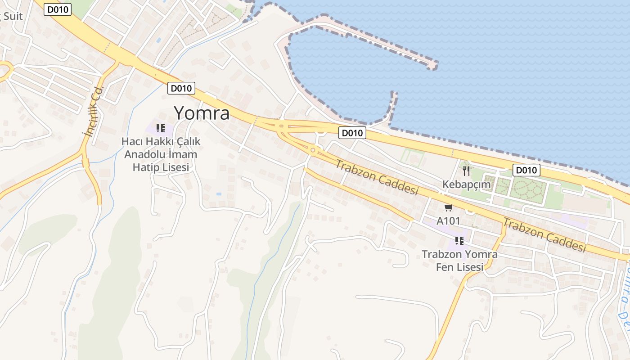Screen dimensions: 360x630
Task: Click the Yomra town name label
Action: click(202, 113)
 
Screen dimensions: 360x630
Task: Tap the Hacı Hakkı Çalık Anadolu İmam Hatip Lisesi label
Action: click(161, 154)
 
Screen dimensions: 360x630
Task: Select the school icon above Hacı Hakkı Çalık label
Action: click(161, 128)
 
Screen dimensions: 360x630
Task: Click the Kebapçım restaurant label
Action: click(466, 184)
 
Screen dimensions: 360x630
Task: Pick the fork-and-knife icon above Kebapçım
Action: click(466, 171)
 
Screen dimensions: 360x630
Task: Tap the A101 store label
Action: click(448, 221)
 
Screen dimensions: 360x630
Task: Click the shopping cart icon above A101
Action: click(448, 207)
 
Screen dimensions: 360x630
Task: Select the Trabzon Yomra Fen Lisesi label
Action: click(459, 261)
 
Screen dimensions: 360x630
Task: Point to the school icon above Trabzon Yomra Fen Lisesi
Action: click(459, 240)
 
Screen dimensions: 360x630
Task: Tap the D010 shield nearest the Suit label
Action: click(58, 9)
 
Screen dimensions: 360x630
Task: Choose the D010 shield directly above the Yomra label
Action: click(181, 88)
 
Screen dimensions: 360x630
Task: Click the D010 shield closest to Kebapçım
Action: click(526, 170)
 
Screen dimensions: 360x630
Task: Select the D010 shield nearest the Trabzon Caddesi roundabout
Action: click(352, 133)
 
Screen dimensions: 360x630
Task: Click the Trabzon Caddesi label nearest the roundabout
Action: click(377, 177)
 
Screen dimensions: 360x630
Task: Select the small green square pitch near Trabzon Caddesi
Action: click(412, 158)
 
